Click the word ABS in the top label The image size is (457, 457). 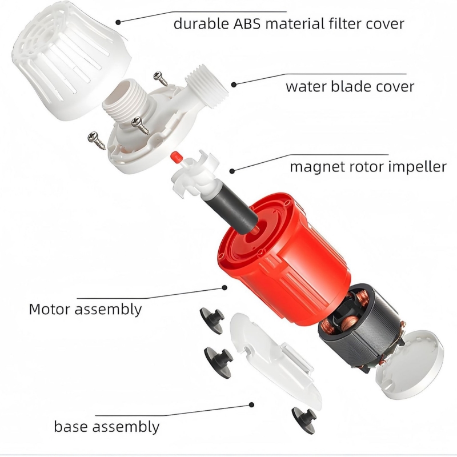(247, 23)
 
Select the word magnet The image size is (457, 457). (315, 167)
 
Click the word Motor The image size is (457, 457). (49, 309)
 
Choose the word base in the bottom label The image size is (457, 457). (70, 426)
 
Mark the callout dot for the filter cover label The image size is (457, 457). (118, 22)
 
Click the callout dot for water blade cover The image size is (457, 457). (234, 85)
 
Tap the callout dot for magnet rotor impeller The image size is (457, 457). (232, 171)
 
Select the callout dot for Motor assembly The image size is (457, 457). (225, 288)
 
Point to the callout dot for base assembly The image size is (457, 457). (251, 404)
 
